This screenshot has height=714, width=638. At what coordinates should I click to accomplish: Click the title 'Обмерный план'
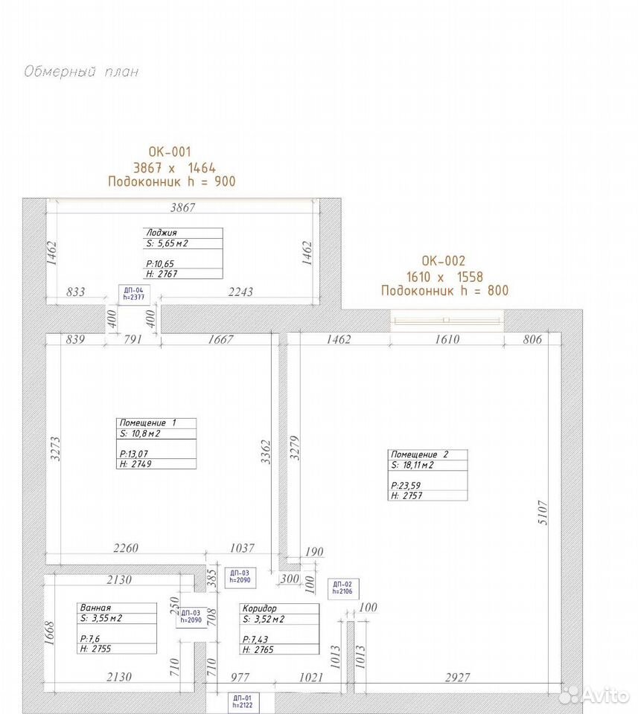(81, 72)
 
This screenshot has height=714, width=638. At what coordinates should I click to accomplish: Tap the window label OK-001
(170, 152)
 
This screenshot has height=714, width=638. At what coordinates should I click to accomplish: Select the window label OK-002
(444, 260)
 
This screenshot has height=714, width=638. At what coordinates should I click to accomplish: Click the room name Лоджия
(162, 233)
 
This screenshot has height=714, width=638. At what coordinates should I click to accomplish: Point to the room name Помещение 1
(147, 423)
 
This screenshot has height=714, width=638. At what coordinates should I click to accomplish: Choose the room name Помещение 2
(420, 454)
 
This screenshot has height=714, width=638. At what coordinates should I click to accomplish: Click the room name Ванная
(95, 608)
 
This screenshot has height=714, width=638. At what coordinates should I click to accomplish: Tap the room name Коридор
(259, 608)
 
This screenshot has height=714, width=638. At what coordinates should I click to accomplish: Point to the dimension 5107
(543, 512)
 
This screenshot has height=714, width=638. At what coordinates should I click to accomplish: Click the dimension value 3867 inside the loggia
(182, 208)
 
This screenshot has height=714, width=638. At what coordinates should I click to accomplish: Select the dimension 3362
(266, 452)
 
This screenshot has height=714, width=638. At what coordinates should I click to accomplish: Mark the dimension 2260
(126, 548)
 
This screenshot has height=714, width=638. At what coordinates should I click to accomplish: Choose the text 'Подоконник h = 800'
(444, 291)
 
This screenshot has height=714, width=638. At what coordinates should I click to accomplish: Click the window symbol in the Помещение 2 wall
(447, 320)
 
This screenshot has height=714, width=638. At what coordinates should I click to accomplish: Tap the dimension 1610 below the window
(447, 339)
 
